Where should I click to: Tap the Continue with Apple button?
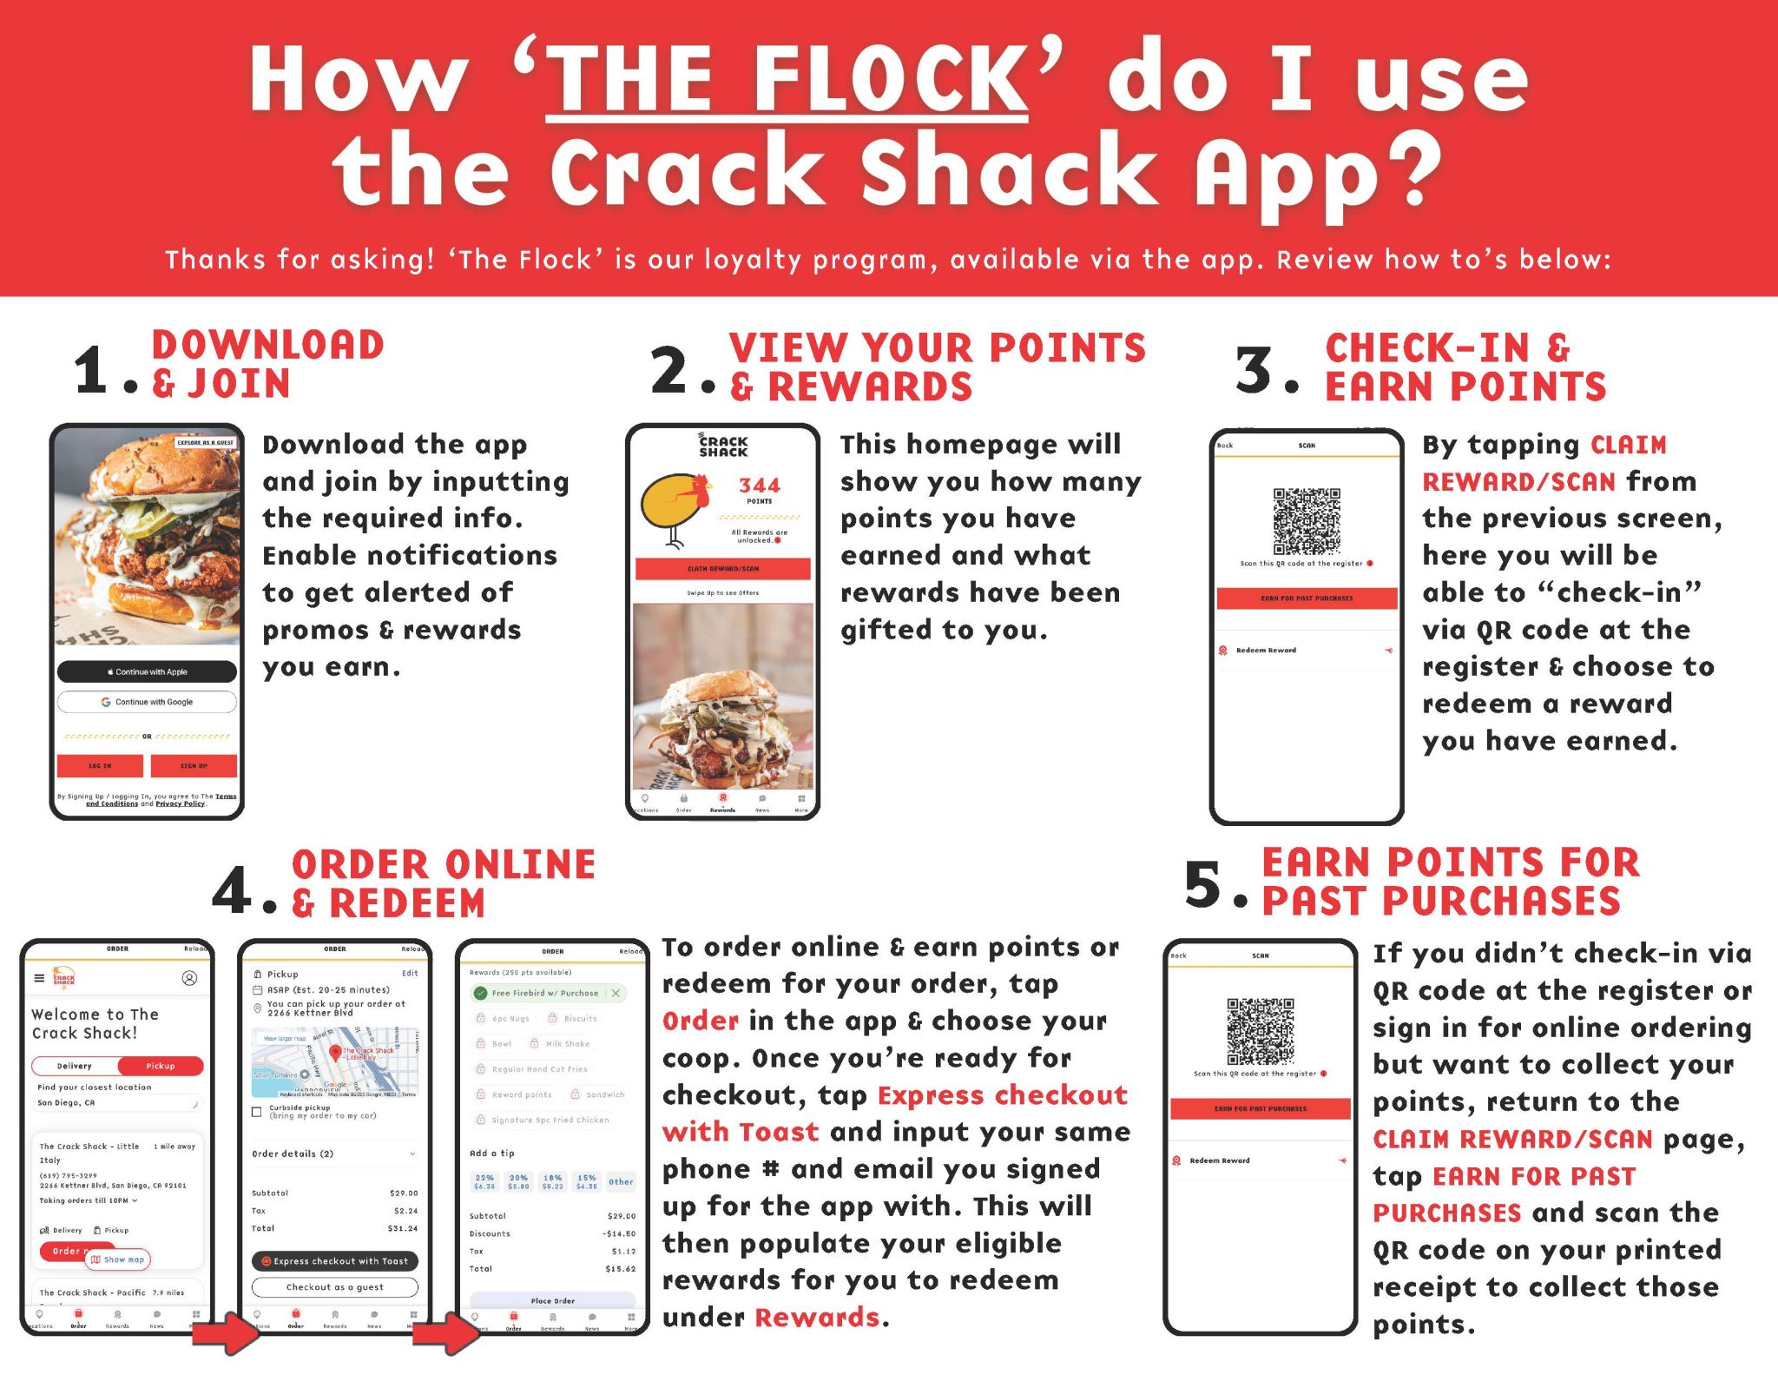(x=147, y=671)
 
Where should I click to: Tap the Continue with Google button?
(x=147, y=702)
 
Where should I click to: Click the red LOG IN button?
(x=100, y=765)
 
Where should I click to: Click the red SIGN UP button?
(x=194, y=765)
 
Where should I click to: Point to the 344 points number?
(x=760, y=486)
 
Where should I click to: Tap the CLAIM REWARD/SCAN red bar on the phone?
(x=722, y=569)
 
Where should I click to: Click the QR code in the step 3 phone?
(x=1307, y=521)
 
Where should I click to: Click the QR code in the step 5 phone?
(x=1260, y=1031)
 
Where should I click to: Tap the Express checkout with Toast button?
(x=335, y=1261)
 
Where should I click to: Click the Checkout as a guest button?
(x=335, y=1287)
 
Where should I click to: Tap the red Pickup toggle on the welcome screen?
(x=161, y=1066)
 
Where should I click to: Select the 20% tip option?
(x=518, y=1181)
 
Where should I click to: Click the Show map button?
(x=118, y=1259)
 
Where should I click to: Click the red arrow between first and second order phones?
(x=225, y=1333)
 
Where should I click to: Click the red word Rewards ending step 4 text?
(x=817, y=1318)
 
